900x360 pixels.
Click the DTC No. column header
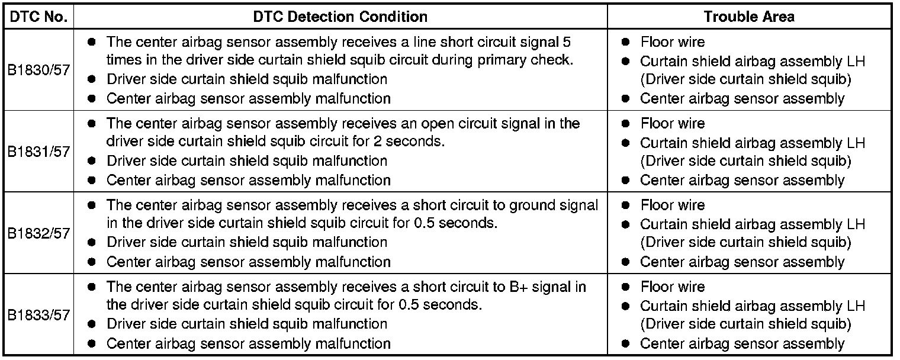38,17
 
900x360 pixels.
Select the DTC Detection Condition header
340,17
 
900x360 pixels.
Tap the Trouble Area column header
749,17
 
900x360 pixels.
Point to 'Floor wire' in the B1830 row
672,42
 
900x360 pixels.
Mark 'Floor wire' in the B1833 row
672,287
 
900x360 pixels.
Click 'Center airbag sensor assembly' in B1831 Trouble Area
742,180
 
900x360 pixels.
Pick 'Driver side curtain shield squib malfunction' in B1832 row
247,242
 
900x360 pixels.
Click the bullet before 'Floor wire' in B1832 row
625,205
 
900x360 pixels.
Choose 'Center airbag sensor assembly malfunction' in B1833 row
248,343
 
